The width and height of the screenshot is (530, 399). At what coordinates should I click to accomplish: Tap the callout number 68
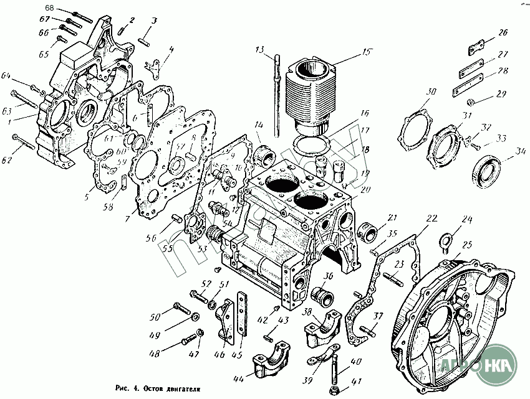pos(50,8)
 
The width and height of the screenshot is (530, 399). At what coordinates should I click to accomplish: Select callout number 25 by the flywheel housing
pos(467,246)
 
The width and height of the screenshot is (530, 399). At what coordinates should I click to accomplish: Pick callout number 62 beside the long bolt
pos(7,161)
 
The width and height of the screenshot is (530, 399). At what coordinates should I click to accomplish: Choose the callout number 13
pos(260,49)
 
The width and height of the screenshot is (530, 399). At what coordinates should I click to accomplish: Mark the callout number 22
pos(431,218)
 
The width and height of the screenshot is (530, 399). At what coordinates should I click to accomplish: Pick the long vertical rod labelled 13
pos(275,100)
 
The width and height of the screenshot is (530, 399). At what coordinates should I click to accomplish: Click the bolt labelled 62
pos(25,146)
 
